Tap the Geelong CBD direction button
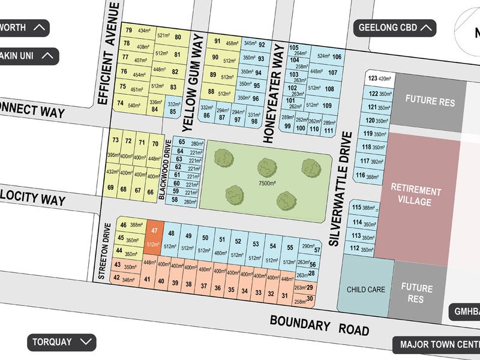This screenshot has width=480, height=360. [394, 27]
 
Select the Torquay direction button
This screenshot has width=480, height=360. [62, 343]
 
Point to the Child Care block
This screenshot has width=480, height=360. [365, 289]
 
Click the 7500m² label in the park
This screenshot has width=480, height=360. [266, 183]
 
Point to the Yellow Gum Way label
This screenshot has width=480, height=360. [193, 81]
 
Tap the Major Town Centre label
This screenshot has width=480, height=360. [438, 345]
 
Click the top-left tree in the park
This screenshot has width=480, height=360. [224, 158]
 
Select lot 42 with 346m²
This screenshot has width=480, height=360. [126, 280]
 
